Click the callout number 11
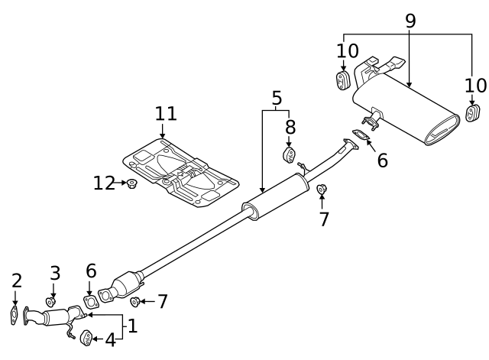point(166,114)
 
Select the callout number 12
point(104,183)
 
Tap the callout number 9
point(411,21)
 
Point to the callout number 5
point(277,98)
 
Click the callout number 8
point(290,127)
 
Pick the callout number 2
point(17,281)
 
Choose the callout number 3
point(55,273)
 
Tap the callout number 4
point(110,340)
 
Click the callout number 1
point(132,326)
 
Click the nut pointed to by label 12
point(132,183)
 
